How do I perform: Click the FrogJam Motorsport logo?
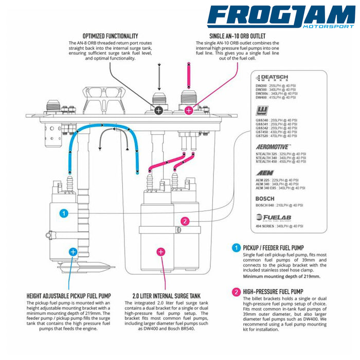(x=281, y=17)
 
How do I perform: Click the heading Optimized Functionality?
(x=110, y=35)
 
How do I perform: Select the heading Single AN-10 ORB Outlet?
(x=237, y=35)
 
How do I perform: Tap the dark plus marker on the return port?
(x=159, y=110)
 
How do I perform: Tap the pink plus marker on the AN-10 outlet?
(x=189, y=110)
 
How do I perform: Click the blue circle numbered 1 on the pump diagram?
(x=63, y=212)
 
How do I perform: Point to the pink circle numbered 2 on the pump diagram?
(x=185, y=221)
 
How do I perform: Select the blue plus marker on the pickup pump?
(x=73, y=251)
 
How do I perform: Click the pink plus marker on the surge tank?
(x=161, y=251)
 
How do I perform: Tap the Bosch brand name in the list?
(x=265, y=199)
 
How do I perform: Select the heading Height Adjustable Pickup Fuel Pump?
(x=68, y=296)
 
